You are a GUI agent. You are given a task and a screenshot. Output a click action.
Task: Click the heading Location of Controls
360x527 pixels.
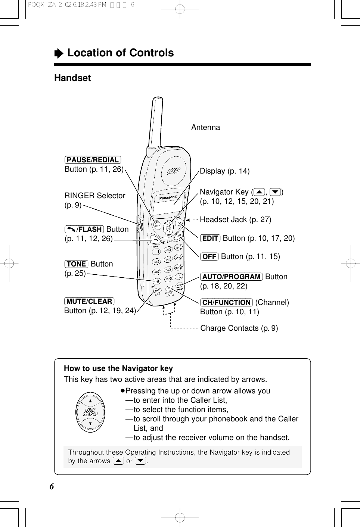pos(120,53)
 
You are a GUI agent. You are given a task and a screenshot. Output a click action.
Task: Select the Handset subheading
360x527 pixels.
pos(72,78)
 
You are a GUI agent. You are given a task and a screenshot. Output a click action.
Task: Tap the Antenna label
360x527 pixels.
pos(205,127)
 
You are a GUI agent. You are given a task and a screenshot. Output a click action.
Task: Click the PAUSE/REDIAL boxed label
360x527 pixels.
pos(93,160)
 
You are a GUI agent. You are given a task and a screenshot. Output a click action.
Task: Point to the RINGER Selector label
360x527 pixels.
pos(95,196)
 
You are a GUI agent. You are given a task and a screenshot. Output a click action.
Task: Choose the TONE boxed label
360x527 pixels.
pos(76,264)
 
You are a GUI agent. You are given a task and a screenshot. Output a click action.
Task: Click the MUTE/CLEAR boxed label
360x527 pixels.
pos(89,302)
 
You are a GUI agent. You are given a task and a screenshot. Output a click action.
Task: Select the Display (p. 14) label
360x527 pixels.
pos(224,171)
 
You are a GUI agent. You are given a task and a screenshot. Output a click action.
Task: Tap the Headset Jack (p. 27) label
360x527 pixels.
pos(235,219)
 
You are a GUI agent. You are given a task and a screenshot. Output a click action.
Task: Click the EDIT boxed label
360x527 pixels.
pos(210,238)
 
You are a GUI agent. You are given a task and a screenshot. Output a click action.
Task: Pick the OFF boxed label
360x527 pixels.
pos(209,257)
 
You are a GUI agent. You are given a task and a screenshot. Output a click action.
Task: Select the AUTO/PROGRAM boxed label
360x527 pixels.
pos(232,277)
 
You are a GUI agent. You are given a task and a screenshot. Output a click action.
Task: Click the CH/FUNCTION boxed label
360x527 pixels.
pos(226,303)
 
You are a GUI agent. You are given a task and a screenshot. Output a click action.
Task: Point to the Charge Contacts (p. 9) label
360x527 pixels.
pos(239,328)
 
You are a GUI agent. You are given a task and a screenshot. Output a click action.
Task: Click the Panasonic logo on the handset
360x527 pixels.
pos(168,197)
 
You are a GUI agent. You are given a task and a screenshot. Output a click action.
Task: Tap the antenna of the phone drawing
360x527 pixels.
pos(156,123)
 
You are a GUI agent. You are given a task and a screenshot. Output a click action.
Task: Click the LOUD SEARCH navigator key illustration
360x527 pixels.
pos(90,412)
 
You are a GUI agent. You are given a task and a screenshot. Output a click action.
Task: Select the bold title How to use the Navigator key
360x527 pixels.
pos(118,368)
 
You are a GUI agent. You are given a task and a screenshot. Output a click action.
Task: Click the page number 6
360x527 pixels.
pos(52,486)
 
